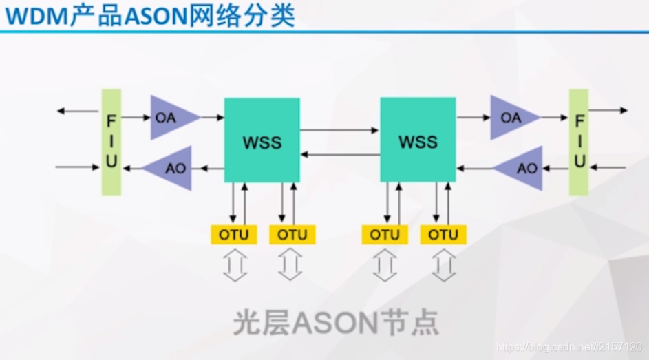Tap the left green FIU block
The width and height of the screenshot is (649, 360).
point(111,142)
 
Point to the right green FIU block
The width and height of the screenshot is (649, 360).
point(579,142)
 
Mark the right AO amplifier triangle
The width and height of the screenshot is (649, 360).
point(522,168)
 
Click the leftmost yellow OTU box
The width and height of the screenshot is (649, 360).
point(234,235)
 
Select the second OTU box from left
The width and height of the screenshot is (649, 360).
point(292,235)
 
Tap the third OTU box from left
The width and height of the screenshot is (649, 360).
point(385,235)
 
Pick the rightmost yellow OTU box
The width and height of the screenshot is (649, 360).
point(443,235)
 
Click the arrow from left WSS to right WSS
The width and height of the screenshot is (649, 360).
point(340,129)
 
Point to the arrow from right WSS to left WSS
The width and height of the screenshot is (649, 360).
point(340,155)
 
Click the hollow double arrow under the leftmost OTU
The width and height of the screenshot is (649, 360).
point(234,265)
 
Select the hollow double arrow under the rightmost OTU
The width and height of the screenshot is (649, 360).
point(443,265)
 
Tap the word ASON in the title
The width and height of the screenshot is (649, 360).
point(156,16)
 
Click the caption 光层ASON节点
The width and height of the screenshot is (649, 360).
point(336,322)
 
